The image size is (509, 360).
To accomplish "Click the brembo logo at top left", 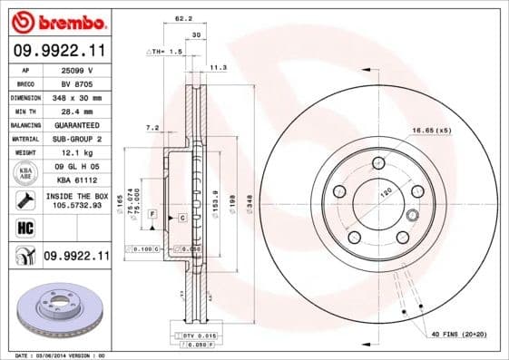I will tap(56, 20).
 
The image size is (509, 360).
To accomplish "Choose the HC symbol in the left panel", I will tap(24, 227).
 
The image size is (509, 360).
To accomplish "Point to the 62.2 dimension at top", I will tap(183, 17).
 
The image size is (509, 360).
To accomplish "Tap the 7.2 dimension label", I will tap(152, 128).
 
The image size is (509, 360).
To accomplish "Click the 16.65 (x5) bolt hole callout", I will tap(432, 131).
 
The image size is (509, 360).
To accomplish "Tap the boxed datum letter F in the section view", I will tap(152, 214).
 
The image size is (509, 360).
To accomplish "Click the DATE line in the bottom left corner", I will tap(54, 355).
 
